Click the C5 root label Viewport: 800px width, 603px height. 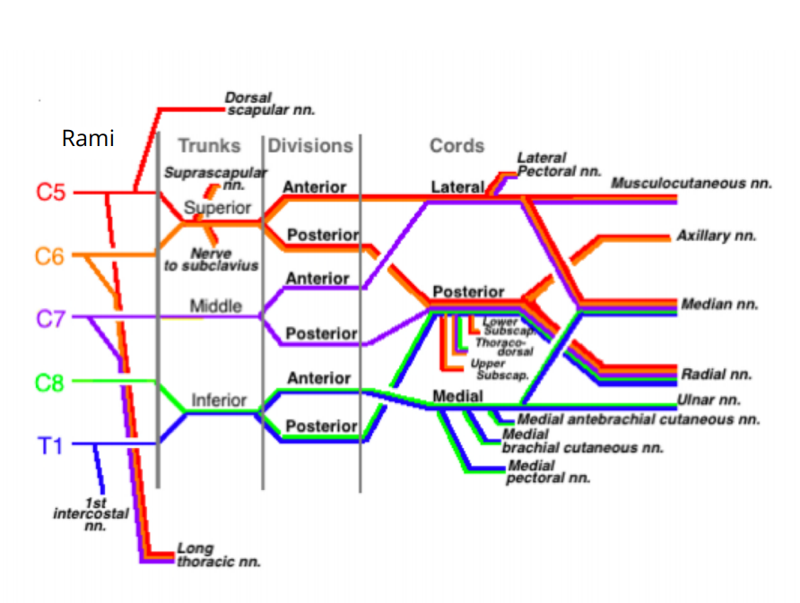(51, 193)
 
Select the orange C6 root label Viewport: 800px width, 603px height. (51, 256)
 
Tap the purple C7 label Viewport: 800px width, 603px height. (51, 318)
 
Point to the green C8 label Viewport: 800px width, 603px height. (51, 383)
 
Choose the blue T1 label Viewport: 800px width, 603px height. (51, 444)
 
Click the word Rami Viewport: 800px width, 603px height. (88, 139)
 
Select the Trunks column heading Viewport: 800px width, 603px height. (209, 145)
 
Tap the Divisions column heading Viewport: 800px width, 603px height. (310, 145)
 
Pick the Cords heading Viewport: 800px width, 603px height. (457, 145)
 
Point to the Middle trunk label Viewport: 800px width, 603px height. (215, 306)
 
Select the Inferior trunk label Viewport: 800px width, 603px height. (218, 401)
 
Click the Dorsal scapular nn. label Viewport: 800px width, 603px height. (270, 104)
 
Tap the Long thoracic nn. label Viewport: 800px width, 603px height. (218, 555)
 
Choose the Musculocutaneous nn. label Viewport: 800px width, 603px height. (691, 184)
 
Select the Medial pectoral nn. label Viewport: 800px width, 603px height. (548, 471)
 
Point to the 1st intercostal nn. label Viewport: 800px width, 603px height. (91, 514)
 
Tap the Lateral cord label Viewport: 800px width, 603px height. (457, 187)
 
